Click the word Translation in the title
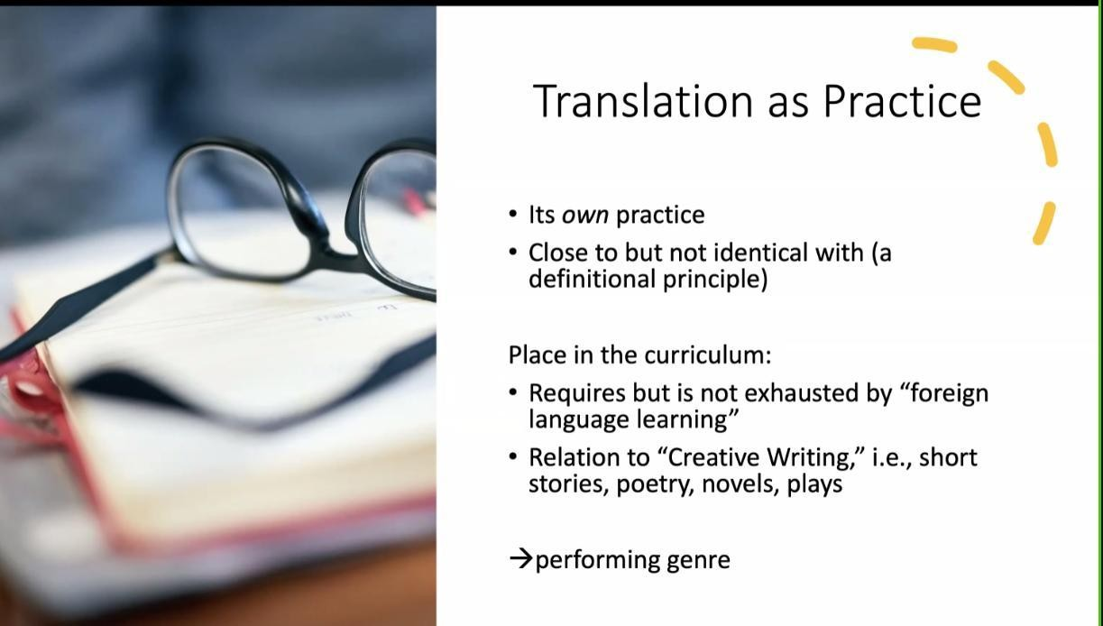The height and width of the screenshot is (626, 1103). [643, 101]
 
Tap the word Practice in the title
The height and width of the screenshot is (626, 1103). [902, 101]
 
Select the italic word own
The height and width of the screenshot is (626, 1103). [585, 216]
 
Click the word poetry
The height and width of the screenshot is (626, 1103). [655, 485]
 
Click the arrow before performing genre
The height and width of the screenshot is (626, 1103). [521, 559]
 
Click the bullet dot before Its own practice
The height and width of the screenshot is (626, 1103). [513, 215]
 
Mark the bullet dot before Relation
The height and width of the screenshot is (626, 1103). [513, 456]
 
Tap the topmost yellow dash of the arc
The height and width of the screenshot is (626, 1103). [934, 44]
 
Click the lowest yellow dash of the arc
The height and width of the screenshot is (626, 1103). [1043, 223]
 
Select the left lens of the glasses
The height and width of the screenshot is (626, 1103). [244, 212]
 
